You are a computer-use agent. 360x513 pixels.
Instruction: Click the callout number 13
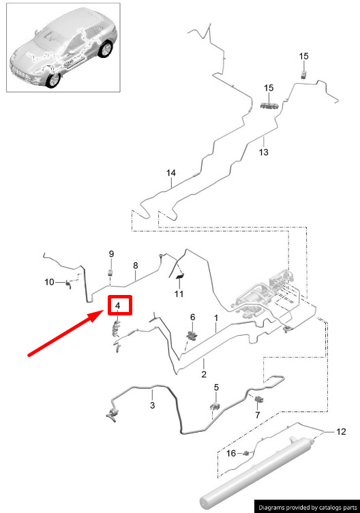point(263,152)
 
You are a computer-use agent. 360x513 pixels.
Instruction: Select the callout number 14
point(171,173)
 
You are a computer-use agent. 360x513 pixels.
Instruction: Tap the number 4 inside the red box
point(117,306)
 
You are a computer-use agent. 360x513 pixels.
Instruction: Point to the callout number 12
point(341,431)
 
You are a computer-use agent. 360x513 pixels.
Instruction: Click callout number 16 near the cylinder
point(231,453)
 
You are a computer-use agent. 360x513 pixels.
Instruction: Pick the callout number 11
point(179,294)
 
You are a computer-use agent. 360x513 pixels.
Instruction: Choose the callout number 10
point(49,281)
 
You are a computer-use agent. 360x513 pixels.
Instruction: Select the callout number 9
point(111,254)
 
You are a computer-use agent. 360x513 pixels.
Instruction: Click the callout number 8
point(136,266)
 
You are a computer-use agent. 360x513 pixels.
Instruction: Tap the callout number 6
point(192,317)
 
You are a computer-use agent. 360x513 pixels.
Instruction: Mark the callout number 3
point(152,405)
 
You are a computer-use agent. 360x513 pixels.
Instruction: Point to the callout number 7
point(258,415)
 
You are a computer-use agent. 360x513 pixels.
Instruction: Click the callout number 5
point(216,388)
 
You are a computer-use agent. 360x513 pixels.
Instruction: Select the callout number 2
point(204,374)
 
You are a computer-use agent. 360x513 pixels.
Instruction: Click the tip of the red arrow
point(104,312)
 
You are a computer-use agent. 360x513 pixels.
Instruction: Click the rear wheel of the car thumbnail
point(105,49)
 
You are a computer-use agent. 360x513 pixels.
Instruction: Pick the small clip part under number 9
point(110,273)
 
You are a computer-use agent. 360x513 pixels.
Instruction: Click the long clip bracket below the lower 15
point(269,106)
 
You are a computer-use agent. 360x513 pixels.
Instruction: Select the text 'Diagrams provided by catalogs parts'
point(307,508)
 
